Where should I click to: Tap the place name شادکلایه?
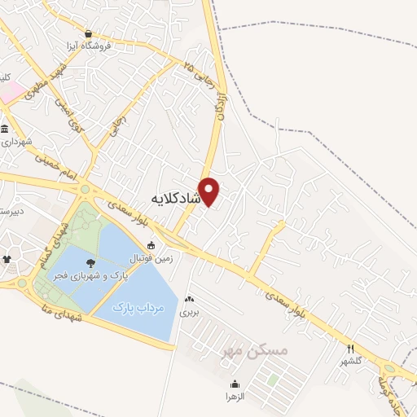coord(176,198)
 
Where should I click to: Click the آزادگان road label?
coord(221,107)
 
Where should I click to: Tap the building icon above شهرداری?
coord(6,129)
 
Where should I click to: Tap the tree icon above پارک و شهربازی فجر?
coord(89,262)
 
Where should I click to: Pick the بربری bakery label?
coord(189,311)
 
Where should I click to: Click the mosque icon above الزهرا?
coord(235,384)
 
